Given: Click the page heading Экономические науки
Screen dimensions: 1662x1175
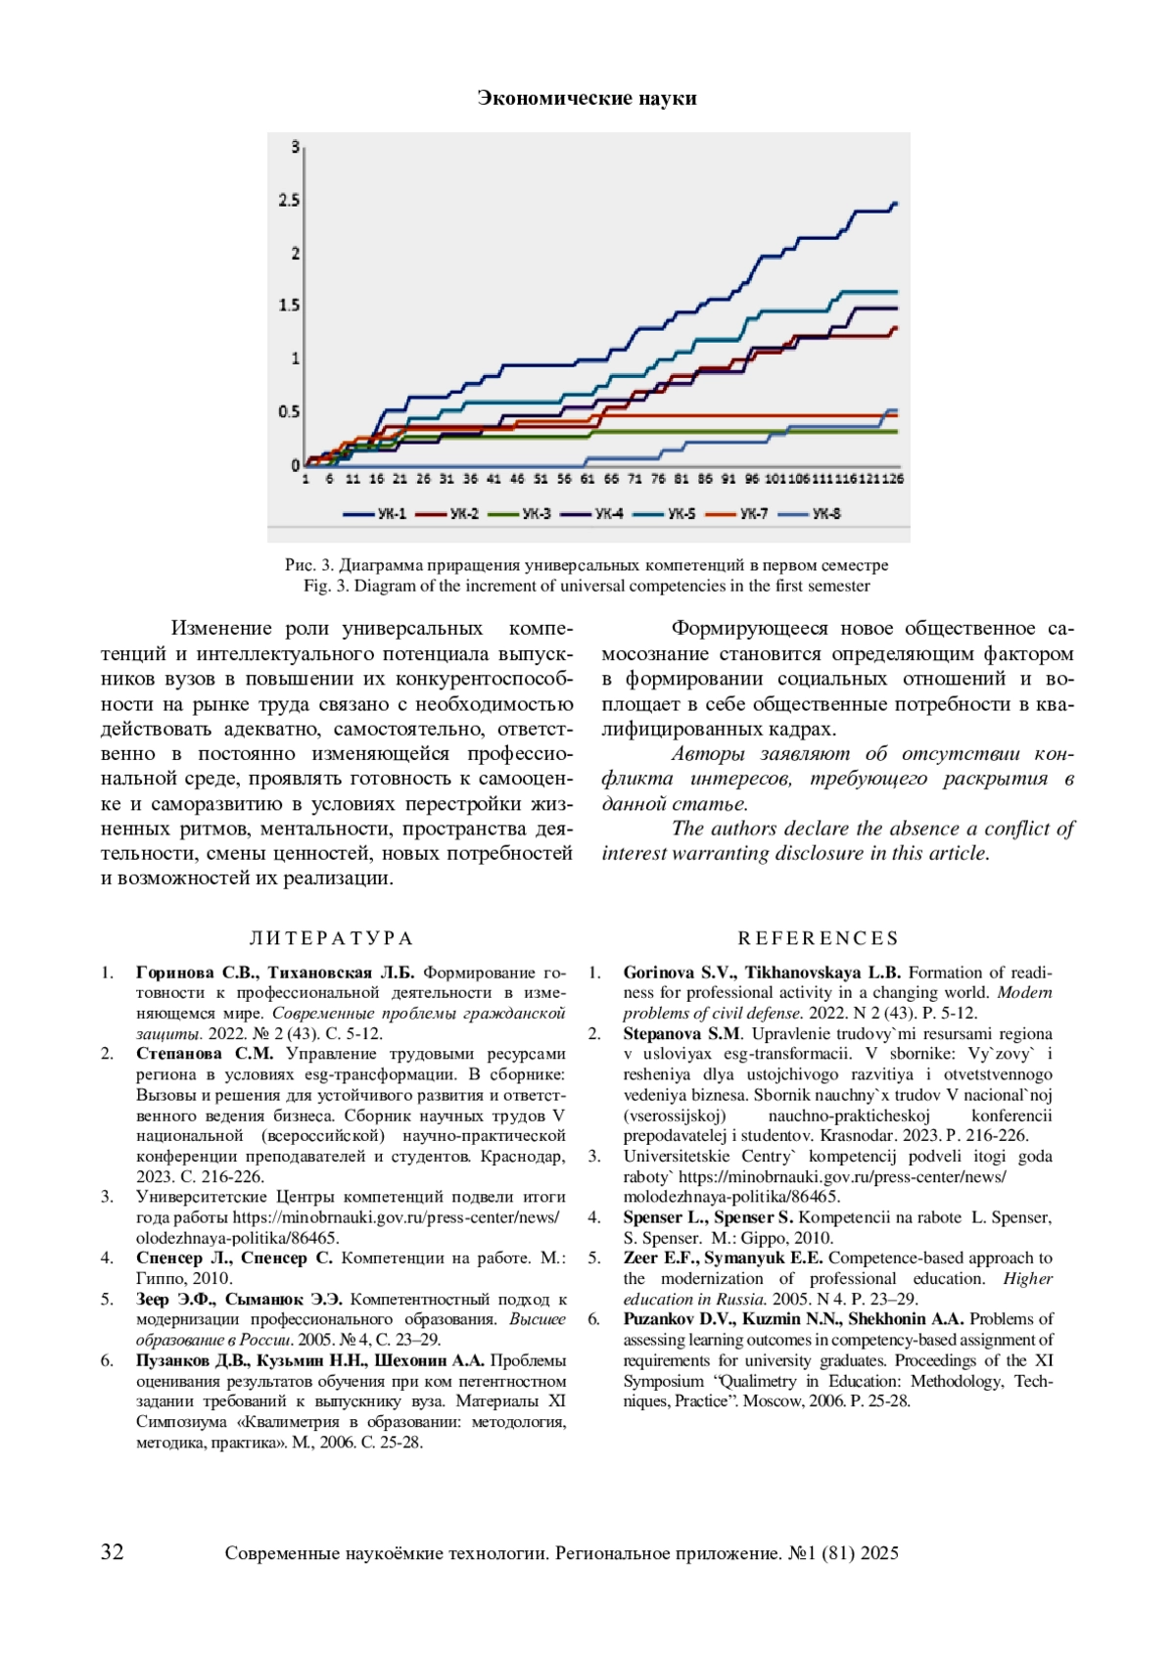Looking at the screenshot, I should pyautogui.click(x=587, y=98).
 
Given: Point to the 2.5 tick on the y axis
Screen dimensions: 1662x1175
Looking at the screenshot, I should pyautogui.click(x=289, y=201).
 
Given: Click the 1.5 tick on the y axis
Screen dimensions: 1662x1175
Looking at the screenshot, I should pyautogui.click(x=289, y=306).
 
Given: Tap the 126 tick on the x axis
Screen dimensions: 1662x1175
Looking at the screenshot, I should pyautogui.click(x=892, y=479).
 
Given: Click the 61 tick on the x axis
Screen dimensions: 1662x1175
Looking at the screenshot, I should pyautogui.click(x=587, y=479).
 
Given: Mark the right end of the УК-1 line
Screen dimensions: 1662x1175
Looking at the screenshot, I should pyautogui.click(x=895, y=204).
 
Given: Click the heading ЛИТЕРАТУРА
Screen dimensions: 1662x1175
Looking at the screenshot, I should pyautogui.click(x=331, y=938).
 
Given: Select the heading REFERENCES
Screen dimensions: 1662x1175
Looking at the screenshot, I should pyautogui.click(x=819, y=938).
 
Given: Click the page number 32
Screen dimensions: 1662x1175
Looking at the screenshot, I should pyautogui.click(x=113, y=1551).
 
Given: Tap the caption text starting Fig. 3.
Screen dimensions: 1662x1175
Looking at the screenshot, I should pyautogui.click(x=587, y=586).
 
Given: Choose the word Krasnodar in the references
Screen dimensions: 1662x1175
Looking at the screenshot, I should pyautogui.click(x=857, y=1135).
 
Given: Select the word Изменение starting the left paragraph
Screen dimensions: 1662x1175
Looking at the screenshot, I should pyautogui.click(x=221, y=629).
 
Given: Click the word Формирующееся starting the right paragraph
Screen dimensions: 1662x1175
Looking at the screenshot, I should pyautogui.click(x=749, y=629).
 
